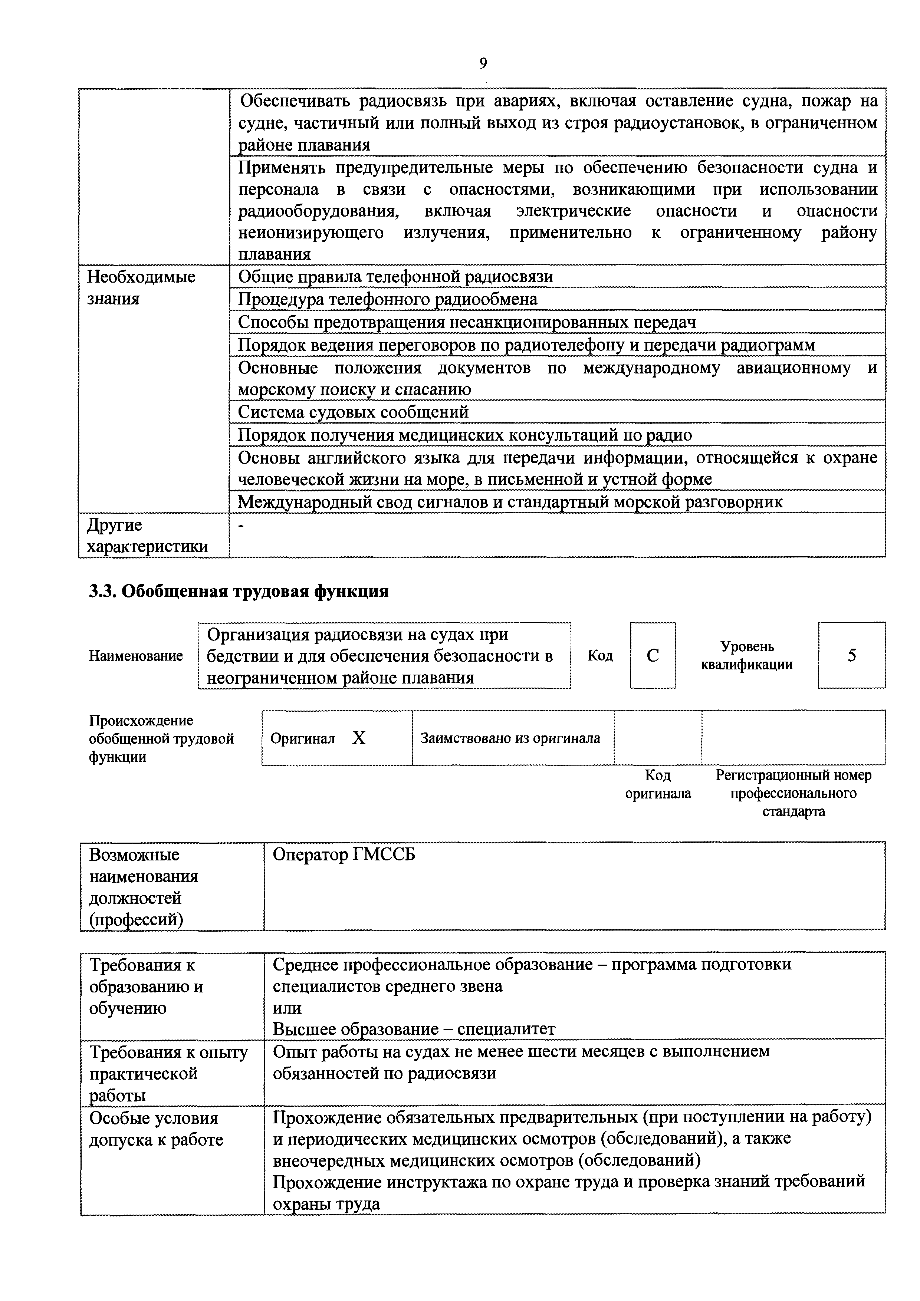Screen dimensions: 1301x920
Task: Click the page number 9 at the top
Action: point(483,63)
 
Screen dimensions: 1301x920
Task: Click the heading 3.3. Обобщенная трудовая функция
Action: point(239,592)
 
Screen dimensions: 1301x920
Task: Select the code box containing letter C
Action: point(653,656)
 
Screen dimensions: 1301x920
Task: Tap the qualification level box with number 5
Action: point(851,656)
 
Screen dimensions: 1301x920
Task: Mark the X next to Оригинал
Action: point(359,738)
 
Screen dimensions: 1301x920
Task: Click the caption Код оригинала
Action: point(658,784)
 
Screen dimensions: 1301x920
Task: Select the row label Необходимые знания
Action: point(141,287)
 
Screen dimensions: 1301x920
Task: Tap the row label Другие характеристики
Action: point(147,536)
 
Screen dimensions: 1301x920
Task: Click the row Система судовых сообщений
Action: point(353,412)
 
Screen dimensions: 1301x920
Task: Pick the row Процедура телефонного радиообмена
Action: point(387,299)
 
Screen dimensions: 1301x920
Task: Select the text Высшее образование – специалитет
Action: point(414,1028)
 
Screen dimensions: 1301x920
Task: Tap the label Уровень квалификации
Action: point(746,656)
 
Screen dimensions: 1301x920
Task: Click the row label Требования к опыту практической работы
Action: point(168,1073)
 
